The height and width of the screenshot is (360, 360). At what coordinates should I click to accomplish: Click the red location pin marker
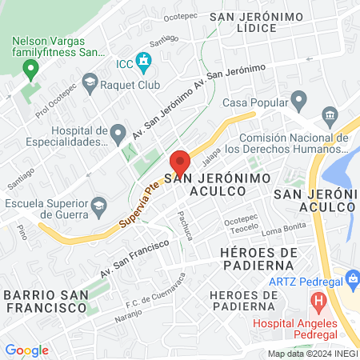click(180, 162)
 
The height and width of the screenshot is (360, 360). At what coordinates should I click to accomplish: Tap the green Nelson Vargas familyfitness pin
click(31, 70)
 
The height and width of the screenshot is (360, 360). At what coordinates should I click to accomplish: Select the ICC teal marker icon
click(143, 60)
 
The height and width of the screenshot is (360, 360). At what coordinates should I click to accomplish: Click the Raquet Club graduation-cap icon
click(90, 82)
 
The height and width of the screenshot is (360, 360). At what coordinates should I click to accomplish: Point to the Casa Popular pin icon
click(300, 102)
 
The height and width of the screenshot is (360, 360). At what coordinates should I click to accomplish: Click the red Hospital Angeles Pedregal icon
click(318, 304)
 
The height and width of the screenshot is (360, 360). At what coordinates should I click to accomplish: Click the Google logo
click(26, 350)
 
